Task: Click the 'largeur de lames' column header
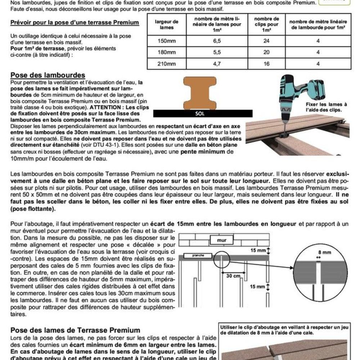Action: pos(167,24)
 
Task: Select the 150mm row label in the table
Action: pos(167,41)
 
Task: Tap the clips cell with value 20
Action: pos(267,52)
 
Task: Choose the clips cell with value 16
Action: pos(267,64)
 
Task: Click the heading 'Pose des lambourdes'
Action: pos(48,75)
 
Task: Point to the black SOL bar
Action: pos(199,113)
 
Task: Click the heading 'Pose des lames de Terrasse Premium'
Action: pos(75,330)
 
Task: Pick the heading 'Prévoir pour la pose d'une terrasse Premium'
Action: pos(75,23)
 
